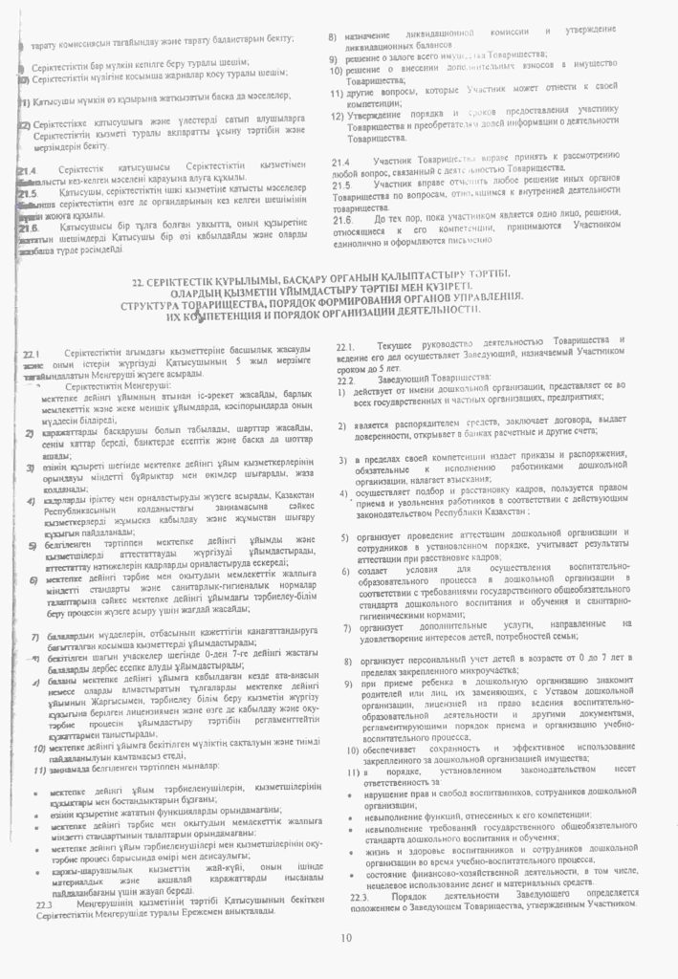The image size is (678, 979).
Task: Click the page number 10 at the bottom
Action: click(344, 938)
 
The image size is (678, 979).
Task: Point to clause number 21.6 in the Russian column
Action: click(341, 220)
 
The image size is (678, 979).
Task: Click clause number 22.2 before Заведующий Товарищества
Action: click(346, 381)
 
